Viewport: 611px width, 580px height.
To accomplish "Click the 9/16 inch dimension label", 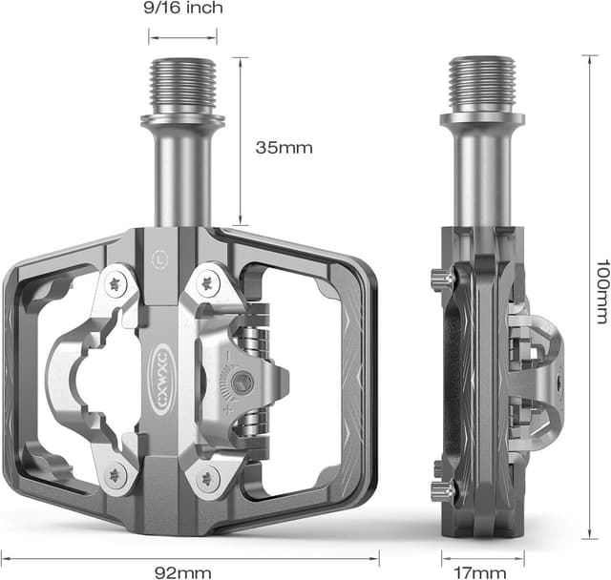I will [x=182, y=9].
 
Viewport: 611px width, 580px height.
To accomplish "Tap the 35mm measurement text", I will [x=284, y=148].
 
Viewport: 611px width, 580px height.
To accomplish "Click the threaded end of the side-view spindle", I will [x=481, y=84].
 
